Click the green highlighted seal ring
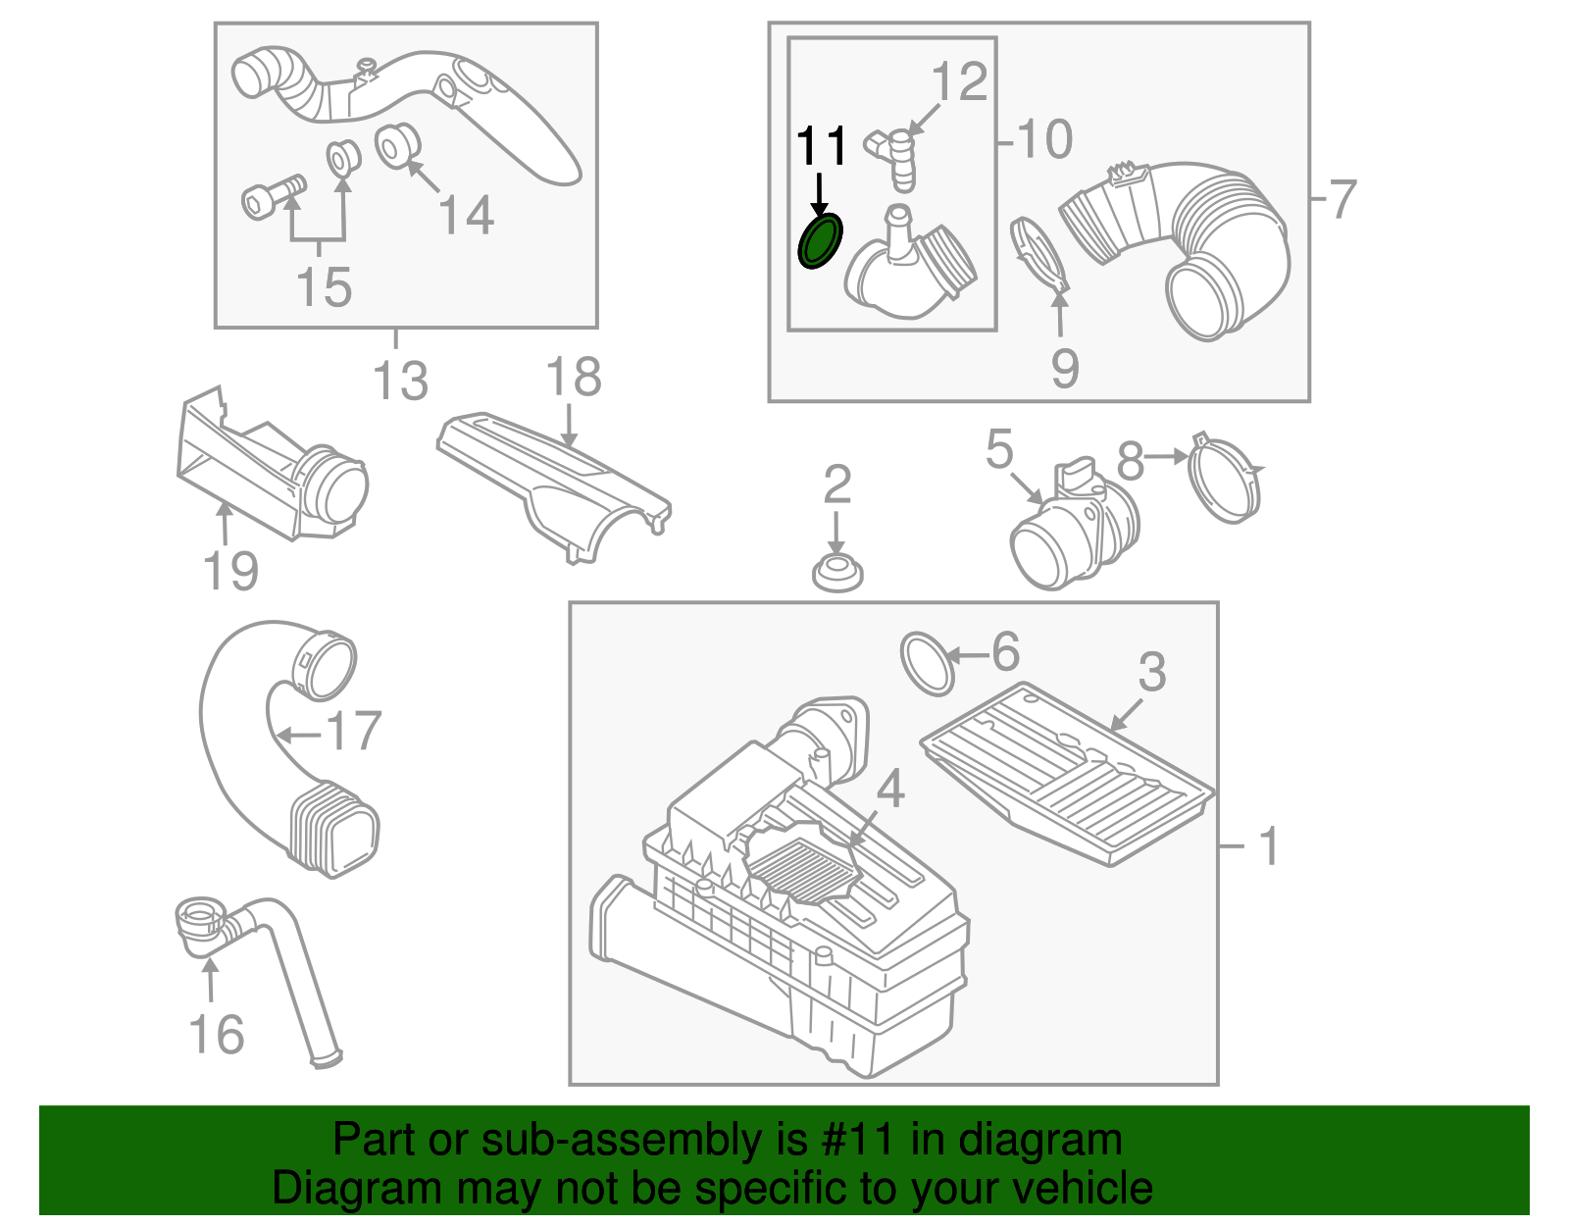(820, 242)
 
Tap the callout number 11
(821, 147)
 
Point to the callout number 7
(1341, 199)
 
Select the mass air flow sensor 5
(1074, 530)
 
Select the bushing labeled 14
(397, 144)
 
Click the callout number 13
(401, 381)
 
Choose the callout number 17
(354, 731)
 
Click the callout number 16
(216, 1035)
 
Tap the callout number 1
(1268, 845)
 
